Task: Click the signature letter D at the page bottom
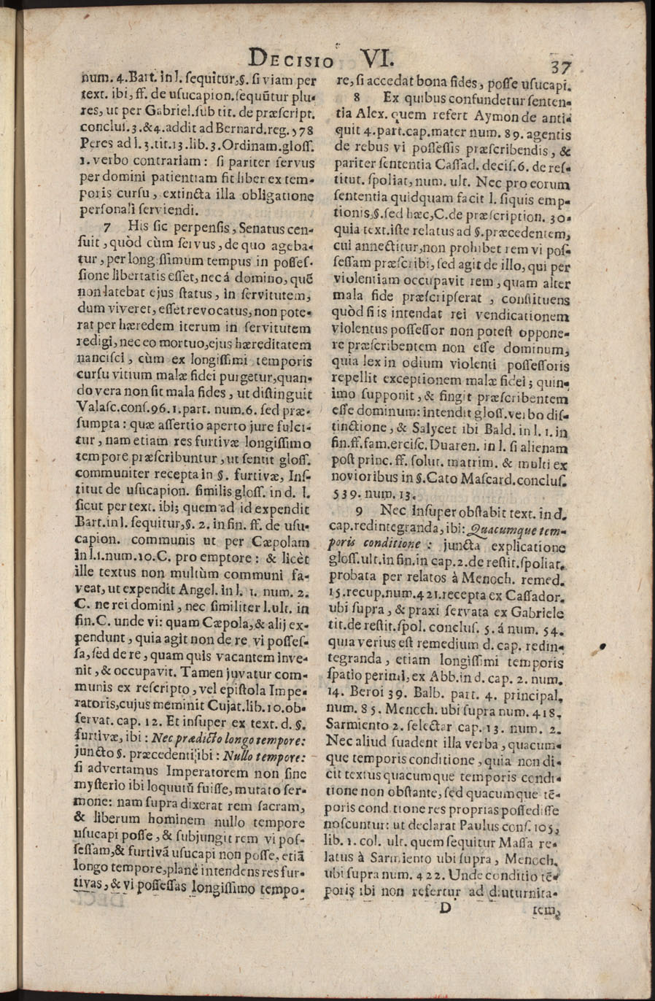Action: (x=446, y=907)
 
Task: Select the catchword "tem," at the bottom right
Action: (x=546, y=910)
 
